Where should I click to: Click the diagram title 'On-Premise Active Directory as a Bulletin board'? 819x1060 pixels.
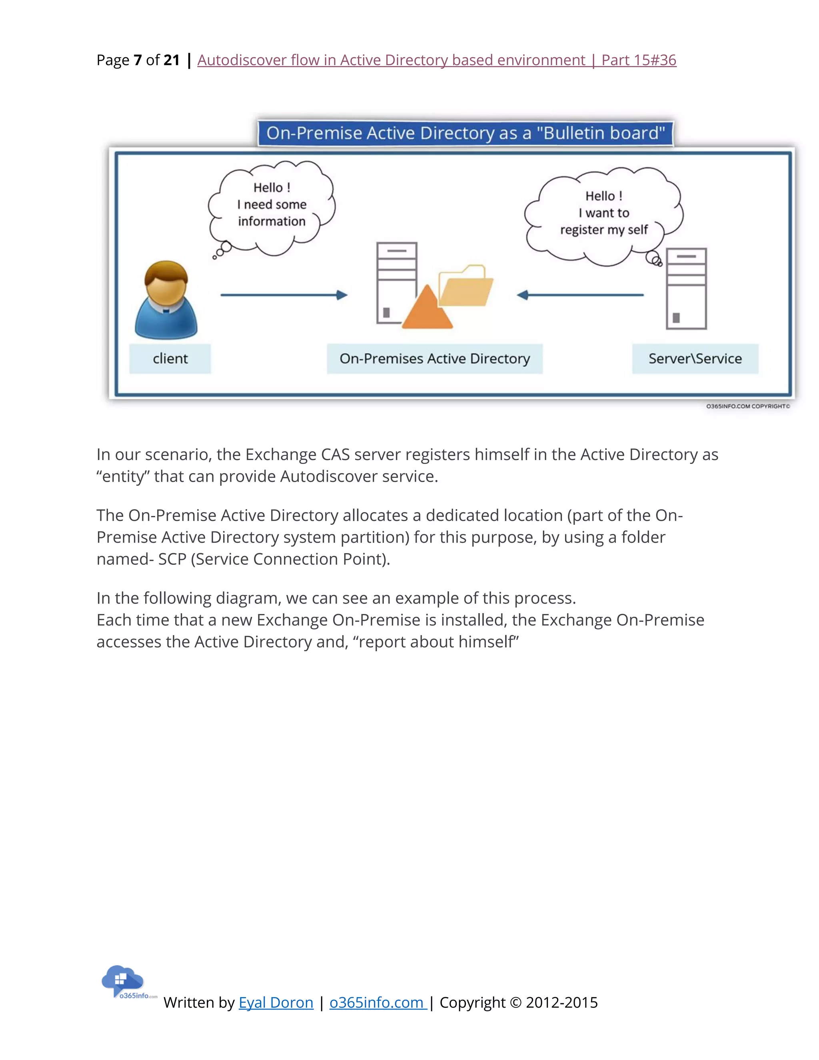pyautogui.click(x=465, y=133)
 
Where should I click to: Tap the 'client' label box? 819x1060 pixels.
pyautogui.click(x=170, y=359)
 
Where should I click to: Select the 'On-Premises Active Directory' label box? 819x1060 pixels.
pyautogui.click(x=434, y=359)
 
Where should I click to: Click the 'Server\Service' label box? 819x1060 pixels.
pyautogui.click(x=695, y=359)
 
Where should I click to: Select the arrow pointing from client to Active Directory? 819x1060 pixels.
pyautogui.click(x=284, y=295)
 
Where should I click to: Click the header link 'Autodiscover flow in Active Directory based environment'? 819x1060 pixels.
pyautogui.click(x=391, y=60)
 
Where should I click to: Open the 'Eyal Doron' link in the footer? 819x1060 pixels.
pyautogui.click(x=276, y=1002)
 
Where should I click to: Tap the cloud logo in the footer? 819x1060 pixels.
pyautogui.click(x=123, y=980)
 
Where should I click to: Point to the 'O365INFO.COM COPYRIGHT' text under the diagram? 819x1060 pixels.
pyautogui.click(x=747, y=406)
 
